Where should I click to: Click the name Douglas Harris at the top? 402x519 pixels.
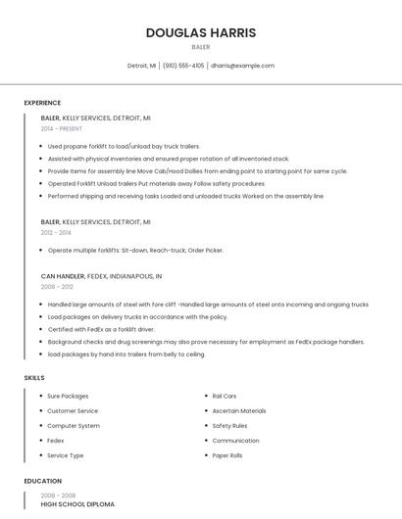point(201,32)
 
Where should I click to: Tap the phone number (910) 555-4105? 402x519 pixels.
point(183,66)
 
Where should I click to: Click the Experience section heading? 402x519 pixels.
point(42,103)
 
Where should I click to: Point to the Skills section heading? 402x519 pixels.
point(34,378)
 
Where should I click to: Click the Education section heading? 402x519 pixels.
point(42,481)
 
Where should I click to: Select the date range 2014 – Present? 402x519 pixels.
point(62,128)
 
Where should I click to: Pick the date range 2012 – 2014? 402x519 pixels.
point(56,232)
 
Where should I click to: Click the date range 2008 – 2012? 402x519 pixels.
point(56,287)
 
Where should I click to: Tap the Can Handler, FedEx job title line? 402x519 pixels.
point(101,276)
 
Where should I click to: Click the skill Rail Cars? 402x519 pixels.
point(224,396)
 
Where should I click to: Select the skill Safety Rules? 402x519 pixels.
point(229,426)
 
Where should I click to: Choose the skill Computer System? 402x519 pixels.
point(74,426)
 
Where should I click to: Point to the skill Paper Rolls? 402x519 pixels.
point(227,455)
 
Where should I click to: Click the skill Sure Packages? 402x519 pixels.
point(68,396)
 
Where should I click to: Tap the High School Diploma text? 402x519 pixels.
point(77,504)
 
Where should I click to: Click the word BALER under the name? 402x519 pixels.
point(201,47)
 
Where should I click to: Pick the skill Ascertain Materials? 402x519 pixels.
point(239,411)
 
